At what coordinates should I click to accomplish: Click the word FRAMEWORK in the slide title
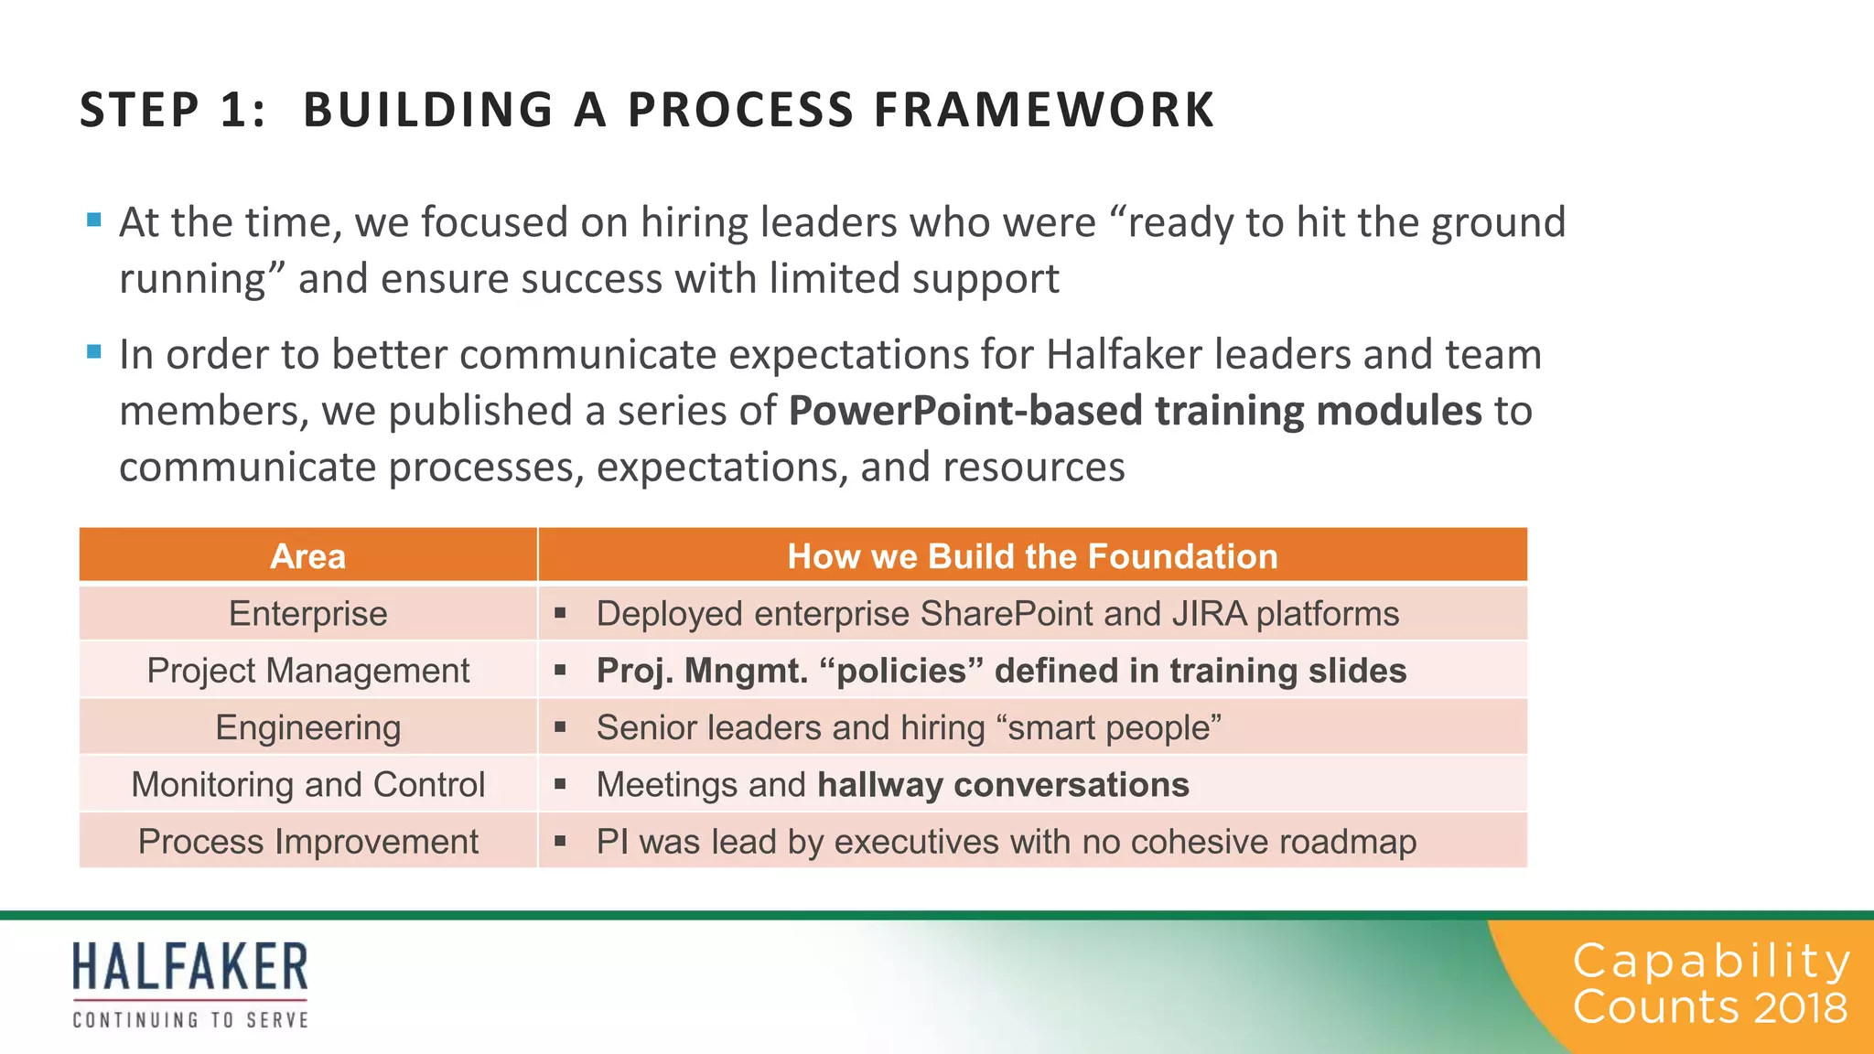1044,110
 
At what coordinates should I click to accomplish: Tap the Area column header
307,556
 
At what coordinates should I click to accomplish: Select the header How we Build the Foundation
1032,556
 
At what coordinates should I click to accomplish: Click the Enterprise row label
307,613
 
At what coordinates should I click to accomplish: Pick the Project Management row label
307,671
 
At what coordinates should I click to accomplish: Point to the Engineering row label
307,727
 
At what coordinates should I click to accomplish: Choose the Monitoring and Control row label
307,784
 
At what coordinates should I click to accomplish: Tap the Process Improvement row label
307,842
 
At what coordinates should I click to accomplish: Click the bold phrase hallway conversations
1003,784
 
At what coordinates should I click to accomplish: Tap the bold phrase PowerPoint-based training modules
1135,410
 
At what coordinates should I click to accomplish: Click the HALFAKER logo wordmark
190,967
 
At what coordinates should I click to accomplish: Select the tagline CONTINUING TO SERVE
190,1019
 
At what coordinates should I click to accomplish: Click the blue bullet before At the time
93,220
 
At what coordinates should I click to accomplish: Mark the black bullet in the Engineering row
560,727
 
